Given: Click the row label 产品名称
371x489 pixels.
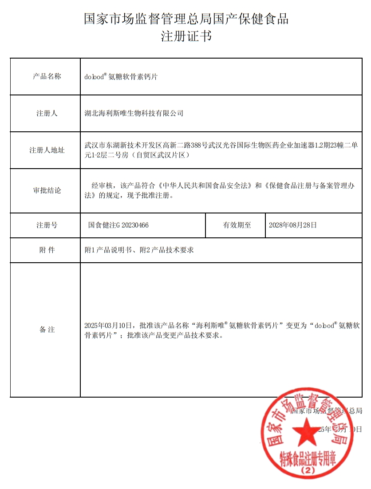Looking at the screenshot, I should point(47,76).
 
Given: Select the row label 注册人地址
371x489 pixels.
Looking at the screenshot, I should point(47,150).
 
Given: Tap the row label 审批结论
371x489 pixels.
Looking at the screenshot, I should point(47,190).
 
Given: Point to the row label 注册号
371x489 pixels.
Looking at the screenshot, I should point(47,225).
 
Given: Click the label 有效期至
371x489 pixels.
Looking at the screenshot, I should point(237,225).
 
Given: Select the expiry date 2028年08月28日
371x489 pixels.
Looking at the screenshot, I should point(293,225).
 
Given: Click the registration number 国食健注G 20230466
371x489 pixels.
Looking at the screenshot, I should point(118,225).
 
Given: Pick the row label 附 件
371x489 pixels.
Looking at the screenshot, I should point(47,250).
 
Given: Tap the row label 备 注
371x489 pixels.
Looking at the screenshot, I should point(47,330).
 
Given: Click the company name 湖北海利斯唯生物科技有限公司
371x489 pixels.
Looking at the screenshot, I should point(134,113).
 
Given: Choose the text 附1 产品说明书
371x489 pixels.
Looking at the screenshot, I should point(108,250).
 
